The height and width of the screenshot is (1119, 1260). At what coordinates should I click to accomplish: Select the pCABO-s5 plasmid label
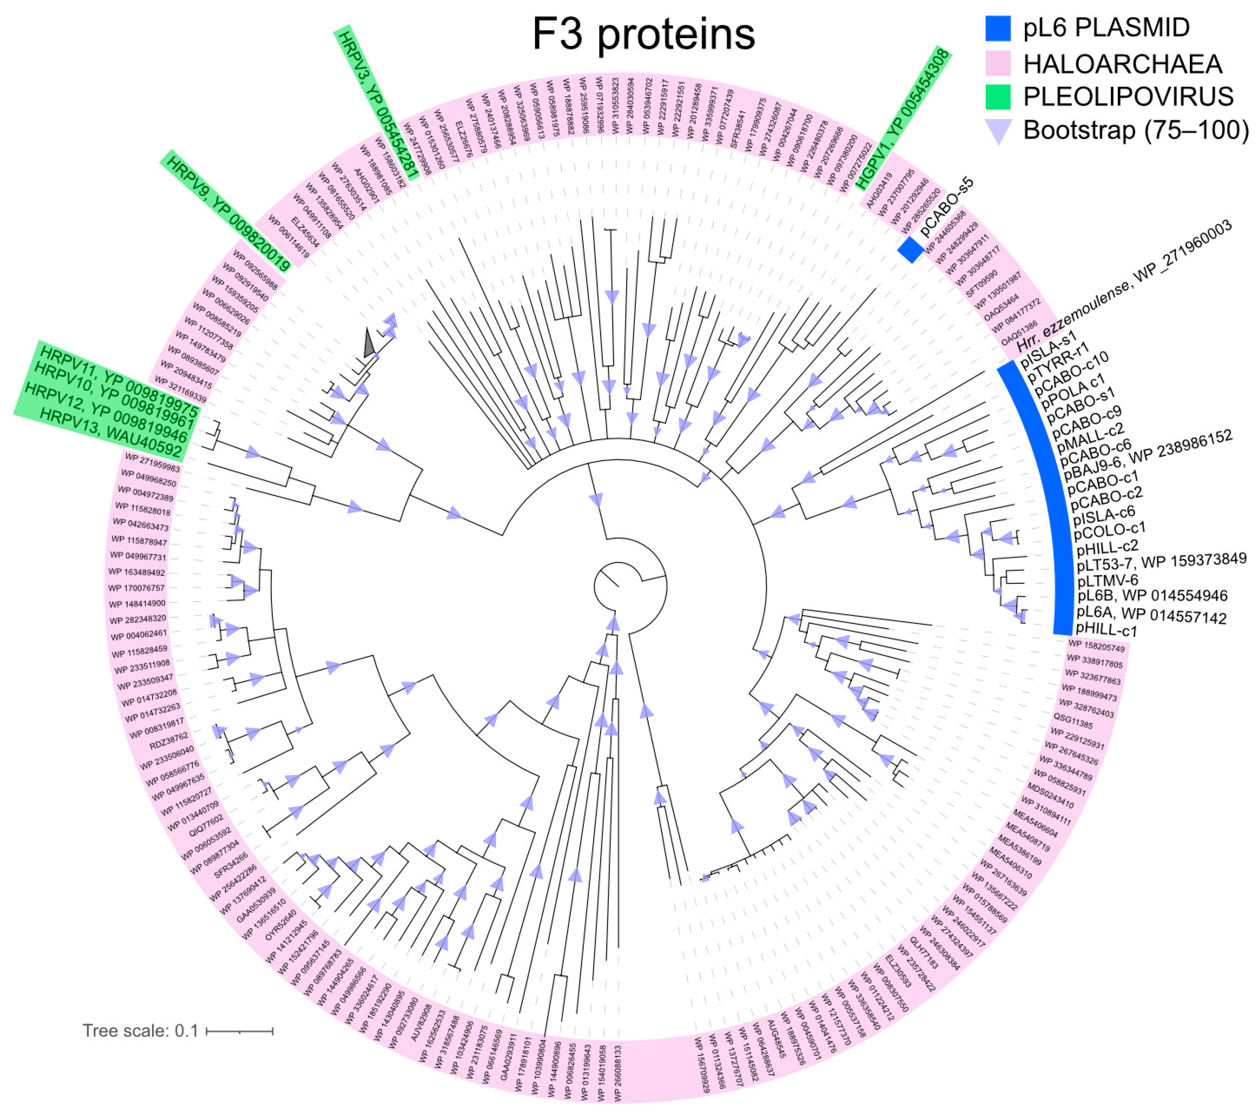tap(946, 206)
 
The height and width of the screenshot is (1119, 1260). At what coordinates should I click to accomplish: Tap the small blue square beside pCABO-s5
tap(910, 250)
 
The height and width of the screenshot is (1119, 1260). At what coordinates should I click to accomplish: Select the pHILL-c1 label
tap(1106, 630)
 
